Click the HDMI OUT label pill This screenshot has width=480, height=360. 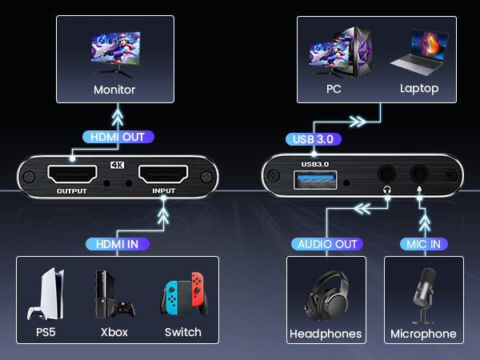pos(116,137)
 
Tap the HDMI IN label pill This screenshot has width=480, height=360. pos(116,243)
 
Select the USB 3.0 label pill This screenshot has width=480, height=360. pos(314,139)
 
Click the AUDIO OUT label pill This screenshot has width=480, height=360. pos(326,243)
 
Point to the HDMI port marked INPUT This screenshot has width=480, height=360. pos(163,174)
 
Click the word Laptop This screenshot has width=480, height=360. pos(419,89)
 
